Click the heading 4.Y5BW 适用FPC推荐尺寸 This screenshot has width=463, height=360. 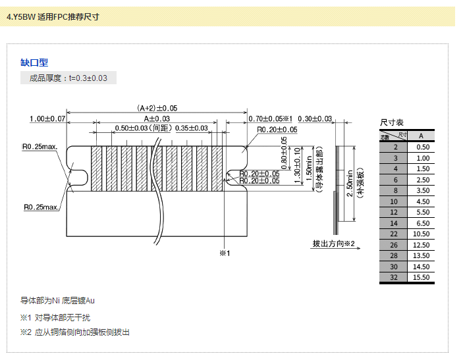53,16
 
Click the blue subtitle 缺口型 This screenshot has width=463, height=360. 34,63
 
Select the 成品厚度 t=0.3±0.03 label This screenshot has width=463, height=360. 68,78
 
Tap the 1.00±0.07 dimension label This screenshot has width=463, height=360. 47,118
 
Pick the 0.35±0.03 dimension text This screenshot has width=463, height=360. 192,128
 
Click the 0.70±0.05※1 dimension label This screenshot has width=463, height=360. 270,118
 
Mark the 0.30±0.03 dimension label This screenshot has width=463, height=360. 315,118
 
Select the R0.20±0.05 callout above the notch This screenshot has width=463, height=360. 277,130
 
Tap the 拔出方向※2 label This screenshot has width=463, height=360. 334,244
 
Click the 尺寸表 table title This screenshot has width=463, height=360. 392,123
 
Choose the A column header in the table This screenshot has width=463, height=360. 422,136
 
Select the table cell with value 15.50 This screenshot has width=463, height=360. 422,278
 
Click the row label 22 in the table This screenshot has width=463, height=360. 394,234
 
